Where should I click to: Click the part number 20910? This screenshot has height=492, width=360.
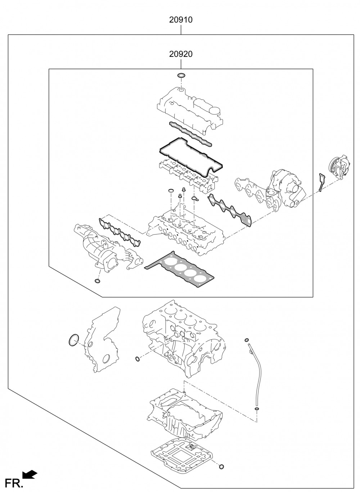(181, 20)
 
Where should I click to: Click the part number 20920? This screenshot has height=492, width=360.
(181, 54)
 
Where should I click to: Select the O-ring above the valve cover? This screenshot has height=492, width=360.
(181, 76)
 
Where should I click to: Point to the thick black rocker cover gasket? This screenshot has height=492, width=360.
(191, 157)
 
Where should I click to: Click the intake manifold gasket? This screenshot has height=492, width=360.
(120, 232)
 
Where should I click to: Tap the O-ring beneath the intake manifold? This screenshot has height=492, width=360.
(97, 281)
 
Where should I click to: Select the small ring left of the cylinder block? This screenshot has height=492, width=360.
(138, 359)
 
